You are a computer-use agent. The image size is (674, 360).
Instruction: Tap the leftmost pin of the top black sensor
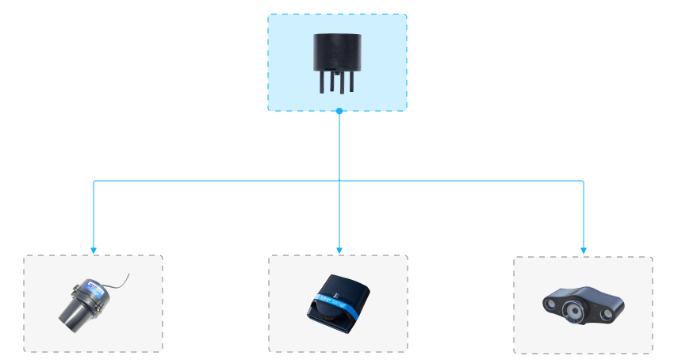[x=322, y=82]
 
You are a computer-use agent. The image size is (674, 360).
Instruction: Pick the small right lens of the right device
[x=607, y=314]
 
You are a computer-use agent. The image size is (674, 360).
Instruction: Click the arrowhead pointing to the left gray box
[x=94, y=250]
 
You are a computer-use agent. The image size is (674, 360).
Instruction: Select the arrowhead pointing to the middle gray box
[x=339, y=250]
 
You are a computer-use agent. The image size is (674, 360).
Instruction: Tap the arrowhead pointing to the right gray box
[x=584, y=250]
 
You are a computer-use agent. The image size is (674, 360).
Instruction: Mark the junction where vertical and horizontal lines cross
[x=339, y=181]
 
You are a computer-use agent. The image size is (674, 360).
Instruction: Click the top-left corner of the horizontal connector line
[x=94, y=181]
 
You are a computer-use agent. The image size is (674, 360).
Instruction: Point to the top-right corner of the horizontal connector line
[x=584, y=181]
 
